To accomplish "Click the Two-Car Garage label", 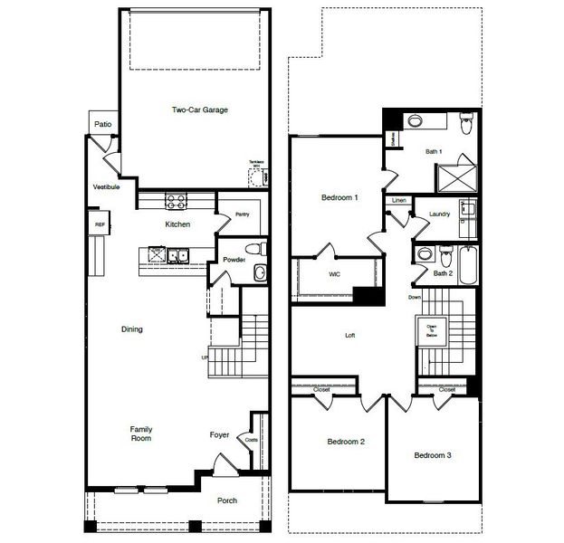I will click(199, 110).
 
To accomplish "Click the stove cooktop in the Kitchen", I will click(175, 201).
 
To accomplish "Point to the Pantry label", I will click(242, 214).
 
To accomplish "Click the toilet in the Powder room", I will click(256, 247).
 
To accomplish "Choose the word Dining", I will click(131, 329).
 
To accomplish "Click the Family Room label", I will click(139, 433).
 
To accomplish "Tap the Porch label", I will click(227, 500).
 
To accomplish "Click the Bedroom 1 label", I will click(339, 197).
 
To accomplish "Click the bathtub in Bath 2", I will click(467, 264).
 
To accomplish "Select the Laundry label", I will click(440, 214).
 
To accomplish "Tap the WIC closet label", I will click(333, 272).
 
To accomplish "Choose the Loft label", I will click(350, 336).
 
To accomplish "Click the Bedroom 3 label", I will click(433, 455).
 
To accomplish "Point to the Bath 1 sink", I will click(416, 121).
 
